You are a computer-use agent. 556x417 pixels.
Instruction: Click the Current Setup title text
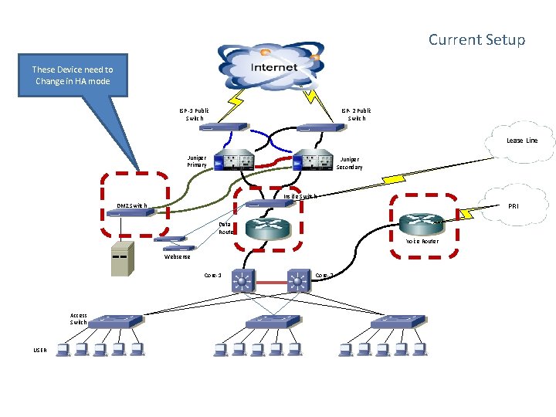coord(476,39)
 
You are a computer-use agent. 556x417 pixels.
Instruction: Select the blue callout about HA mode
coord(72,76)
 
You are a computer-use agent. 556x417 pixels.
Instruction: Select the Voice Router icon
coord(424,223)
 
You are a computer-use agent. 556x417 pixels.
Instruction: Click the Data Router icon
coord(267,227)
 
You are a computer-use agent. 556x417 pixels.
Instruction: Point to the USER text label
coord(39,350)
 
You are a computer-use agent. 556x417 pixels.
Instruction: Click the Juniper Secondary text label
coord(349,164)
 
